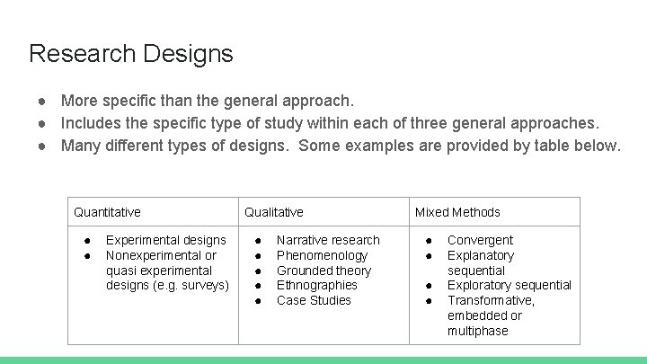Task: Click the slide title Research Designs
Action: (131, 53)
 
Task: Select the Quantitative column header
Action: (107, 212)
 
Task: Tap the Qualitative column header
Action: (274, 212)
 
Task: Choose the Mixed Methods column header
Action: (457, 212)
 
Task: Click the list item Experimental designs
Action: (166, 240)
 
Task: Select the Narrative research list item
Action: (328, 240)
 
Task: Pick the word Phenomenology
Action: (322, 255)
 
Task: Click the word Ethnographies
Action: (317, 285)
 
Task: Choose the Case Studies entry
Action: (314, 300)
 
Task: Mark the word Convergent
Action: (480, 240)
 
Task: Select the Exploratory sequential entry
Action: (510, 285)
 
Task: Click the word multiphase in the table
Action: (478, 331)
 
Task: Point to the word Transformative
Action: (490, 300)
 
